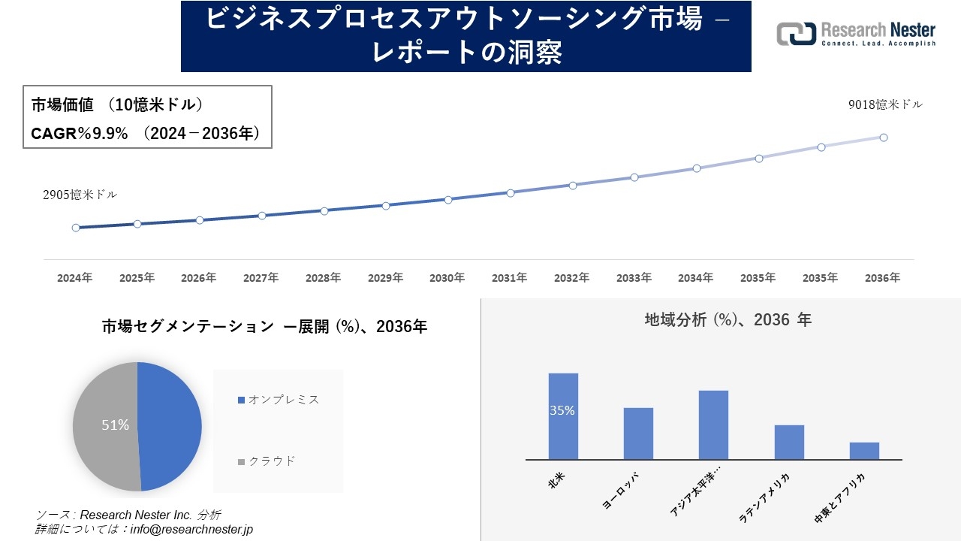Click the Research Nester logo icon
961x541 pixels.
point(796,35)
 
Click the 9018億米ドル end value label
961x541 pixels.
point(885,105)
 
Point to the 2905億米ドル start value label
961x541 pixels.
point(80,195)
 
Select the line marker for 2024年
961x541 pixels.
point(76,228)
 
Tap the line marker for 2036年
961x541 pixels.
point(884,138)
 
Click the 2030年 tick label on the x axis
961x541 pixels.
point(447,278)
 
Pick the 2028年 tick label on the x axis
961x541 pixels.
point(323,278)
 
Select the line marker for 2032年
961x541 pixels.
point(573,185)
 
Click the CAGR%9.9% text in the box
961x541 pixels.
point(79,134)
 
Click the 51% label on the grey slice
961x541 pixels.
point(115,425)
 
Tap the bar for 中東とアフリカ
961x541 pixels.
point(864,451)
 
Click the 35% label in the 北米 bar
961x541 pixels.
point(562,411)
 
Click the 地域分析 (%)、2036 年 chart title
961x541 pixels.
point(728,320)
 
